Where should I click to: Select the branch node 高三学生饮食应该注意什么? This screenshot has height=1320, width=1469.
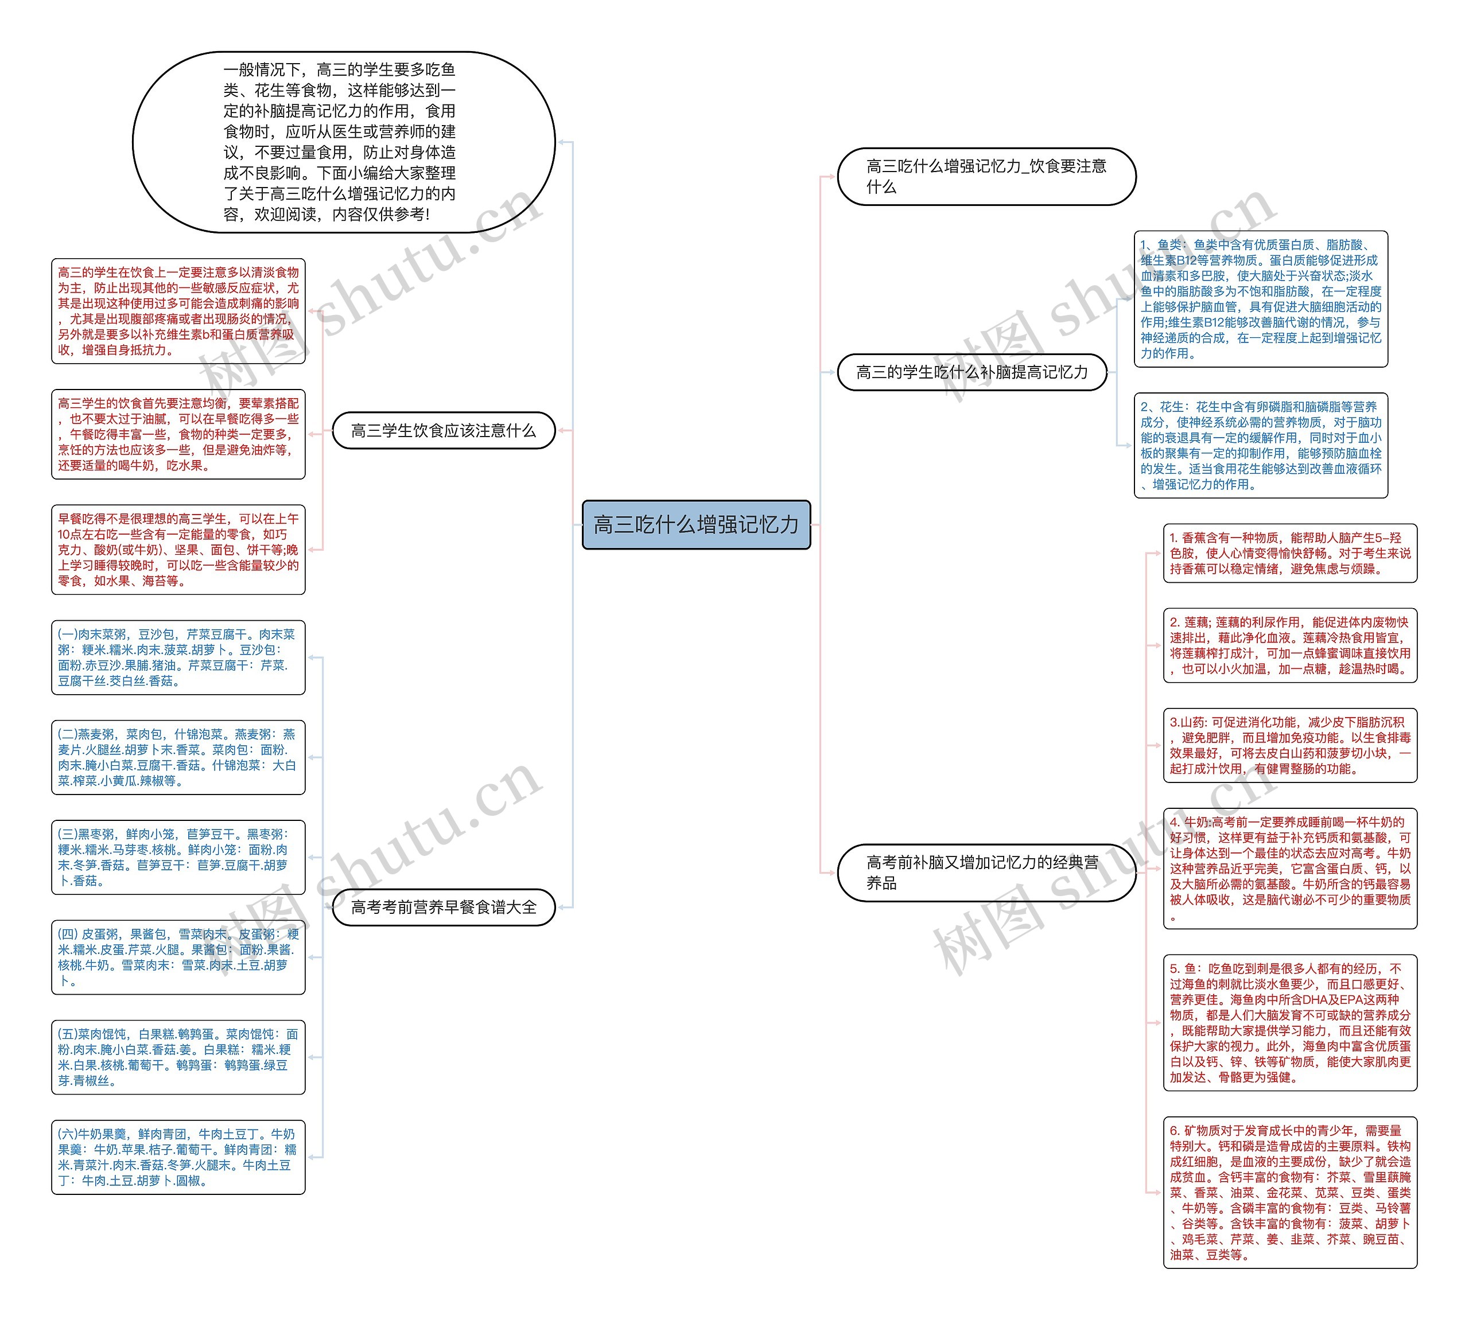pyautogui.click(x=443, y=431)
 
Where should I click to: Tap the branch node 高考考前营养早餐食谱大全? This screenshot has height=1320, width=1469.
pyautogui.click(x=443, y=908)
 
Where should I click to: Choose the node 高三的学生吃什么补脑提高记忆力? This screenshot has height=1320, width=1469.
pyautogui.click(x=971, y=372)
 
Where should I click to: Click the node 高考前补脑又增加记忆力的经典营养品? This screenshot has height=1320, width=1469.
pyautogui.click(x=985, y=873)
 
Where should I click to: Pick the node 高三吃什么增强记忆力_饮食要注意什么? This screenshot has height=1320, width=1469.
pyautogui.click(x=986, y=176)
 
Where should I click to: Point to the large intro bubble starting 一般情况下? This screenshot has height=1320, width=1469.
pyautogui.click(x=343, y=142)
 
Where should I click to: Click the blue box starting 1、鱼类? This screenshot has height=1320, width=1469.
pyautogui.click(x=1260, y=299)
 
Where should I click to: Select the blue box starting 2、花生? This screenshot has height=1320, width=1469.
pyautogui.click(x=1260, y=445)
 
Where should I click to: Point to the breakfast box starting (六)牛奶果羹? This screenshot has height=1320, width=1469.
pyautogui.click(x=178, y=1158)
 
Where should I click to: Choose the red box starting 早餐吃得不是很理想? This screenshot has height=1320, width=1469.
pyautogui.click(x=178, y=550)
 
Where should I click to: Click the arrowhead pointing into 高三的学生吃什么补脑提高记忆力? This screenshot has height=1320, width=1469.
pyautogui.click(x=831, y=372)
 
